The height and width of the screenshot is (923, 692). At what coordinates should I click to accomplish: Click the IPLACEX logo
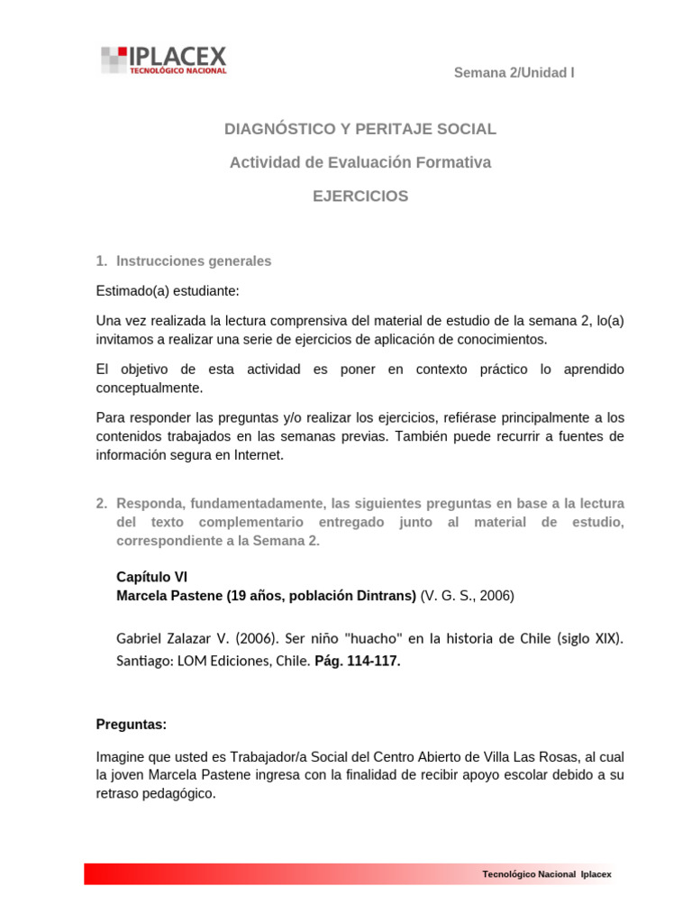click(164, 59)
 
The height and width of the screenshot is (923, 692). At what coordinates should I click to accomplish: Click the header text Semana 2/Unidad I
click(514, 73)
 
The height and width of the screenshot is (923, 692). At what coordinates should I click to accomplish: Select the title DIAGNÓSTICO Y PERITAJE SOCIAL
click(360, 129)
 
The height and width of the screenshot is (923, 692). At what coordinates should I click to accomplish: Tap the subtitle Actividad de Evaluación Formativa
click(360, 162)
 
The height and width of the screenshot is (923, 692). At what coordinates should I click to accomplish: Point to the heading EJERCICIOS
click(360, 196)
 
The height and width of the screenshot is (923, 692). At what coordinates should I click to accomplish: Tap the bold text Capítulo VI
click(152, 577)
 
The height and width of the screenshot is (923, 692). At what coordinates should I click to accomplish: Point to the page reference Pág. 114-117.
click(358, 661)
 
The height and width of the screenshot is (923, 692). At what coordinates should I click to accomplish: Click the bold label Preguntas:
click(132, 725)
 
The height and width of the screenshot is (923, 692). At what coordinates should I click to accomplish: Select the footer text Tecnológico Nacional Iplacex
click(547, 874)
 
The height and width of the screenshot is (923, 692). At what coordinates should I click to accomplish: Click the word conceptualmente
click(150, 388)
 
